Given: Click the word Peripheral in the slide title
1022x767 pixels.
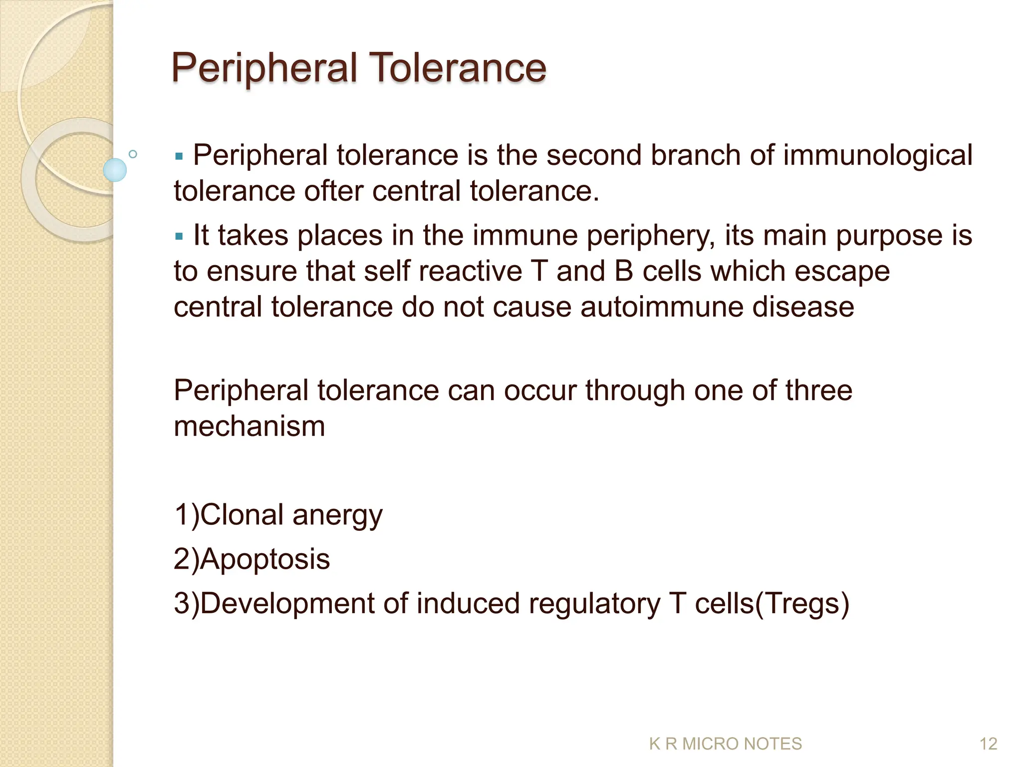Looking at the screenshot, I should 264,68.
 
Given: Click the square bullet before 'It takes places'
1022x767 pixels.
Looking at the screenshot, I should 180,236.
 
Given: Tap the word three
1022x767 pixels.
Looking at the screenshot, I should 819,390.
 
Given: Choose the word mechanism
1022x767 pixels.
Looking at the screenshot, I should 249,426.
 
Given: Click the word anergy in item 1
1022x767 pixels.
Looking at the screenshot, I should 337,515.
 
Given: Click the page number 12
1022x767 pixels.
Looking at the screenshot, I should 988,744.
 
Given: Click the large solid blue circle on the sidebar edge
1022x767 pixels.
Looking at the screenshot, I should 115,170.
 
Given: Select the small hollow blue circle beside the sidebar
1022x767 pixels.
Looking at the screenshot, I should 133,154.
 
